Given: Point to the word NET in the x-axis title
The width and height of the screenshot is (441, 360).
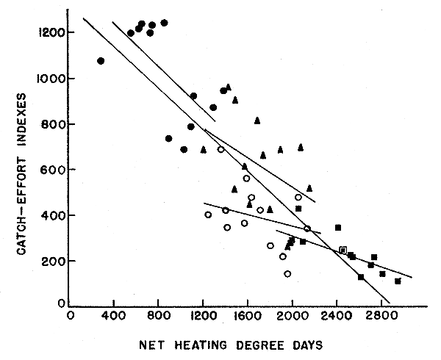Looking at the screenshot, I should [x=159, y=344].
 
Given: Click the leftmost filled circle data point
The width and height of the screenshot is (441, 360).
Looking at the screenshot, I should [x=101, y=61].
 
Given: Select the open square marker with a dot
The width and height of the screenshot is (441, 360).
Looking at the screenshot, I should [x=343, y=251].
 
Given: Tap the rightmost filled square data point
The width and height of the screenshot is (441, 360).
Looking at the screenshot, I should [x=398, y=281].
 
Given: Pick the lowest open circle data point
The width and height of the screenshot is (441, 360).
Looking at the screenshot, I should [x=287, y=274].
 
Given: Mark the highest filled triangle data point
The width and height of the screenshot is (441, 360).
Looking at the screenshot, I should [x=229, y=87].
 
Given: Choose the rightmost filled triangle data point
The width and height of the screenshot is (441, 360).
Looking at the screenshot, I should [x=309, y=188].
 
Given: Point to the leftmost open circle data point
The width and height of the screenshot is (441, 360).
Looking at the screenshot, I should [x=208, y=215].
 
